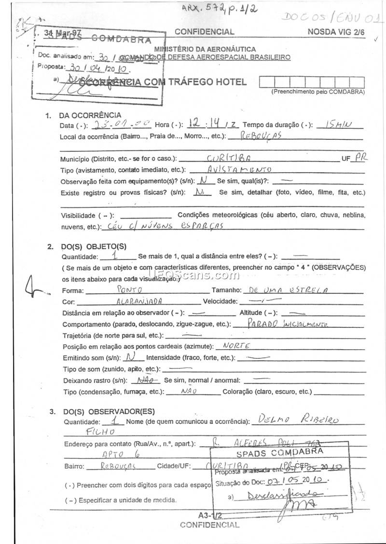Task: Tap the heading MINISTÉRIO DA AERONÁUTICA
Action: coord(205,49)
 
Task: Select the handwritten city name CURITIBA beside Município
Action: coord(228,158)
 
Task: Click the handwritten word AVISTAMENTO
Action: coord(239,170)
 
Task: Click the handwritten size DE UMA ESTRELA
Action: coord(286,290)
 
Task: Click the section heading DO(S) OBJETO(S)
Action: coord(93,246)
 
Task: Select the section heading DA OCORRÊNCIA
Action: coord(90,115)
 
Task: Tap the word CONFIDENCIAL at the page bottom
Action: coord(209,525)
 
